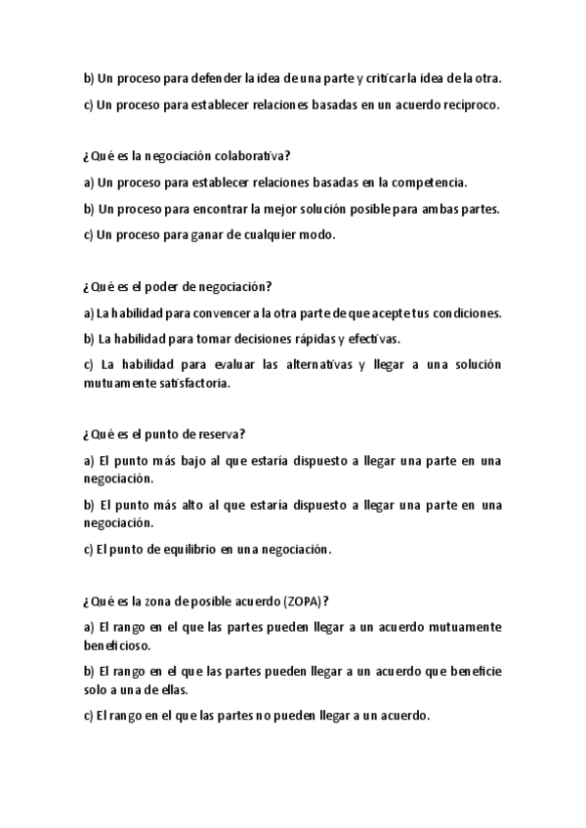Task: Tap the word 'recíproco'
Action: [468, 105]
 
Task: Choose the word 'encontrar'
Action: [219, 208]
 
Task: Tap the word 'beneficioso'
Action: [120, 645]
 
